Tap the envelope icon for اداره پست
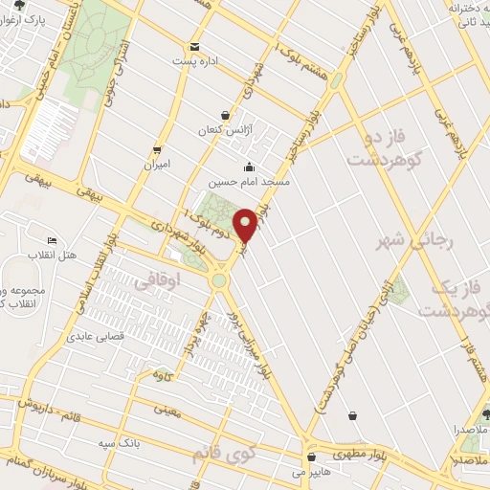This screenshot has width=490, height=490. (x=194, y=47)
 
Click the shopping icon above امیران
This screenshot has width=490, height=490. (x=157, y=150)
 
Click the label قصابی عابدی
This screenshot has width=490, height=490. (x=92, y=337)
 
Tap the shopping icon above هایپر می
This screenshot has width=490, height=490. (x=310, y=457)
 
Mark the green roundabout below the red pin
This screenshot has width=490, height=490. (x=220, y=280)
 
